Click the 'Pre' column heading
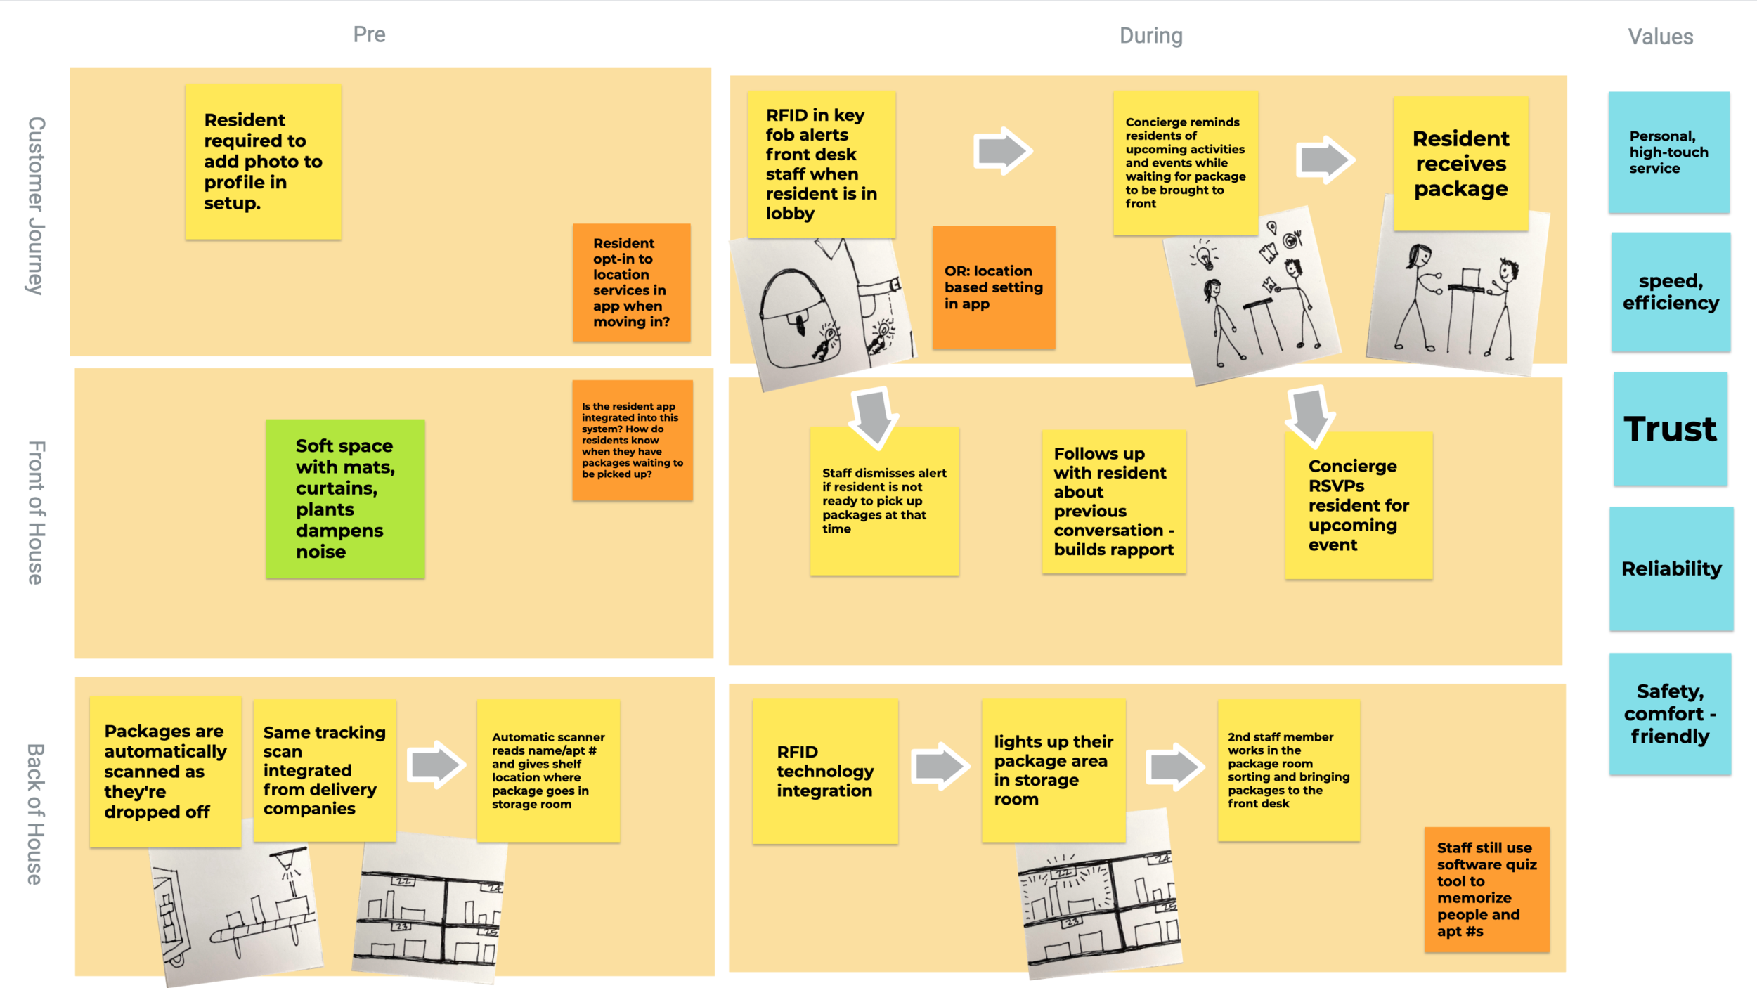click(369, 34)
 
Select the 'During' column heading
click(1150, 36)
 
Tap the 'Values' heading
click(1660, 37)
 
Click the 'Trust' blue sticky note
click(1670, 429)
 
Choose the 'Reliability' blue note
click(1671, 568)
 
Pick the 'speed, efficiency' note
click(1670, 292)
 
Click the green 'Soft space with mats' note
click(345, 499)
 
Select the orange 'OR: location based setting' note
click(993, 287)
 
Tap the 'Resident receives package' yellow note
click(1460, 164)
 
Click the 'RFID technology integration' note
click(824, 771)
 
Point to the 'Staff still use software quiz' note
click(1486, 889)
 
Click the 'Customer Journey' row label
click(36, 205)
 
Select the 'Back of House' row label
click(36, 814)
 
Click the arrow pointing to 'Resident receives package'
click(1324, 160)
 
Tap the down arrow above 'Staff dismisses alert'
click(874, 416)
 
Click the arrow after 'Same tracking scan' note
click(436, 764)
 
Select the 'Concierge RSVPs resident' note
click(1358, 505)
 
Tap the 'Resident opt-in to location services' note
click(631, 282)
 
